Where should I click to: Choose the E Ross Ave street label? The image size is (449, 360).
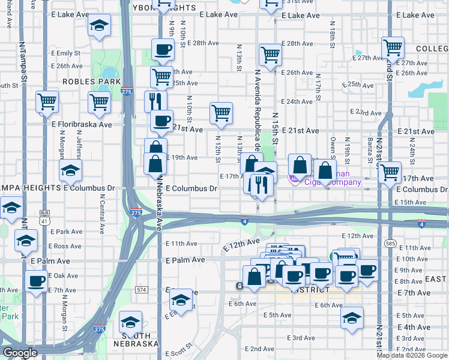point(65,246)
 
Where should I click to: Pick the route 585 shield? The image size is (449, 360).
point(391,244)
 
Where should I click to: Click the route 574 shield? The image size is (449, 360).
point(142,290)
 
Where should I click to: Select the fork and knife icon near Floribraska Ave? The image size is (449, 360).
point(155,100)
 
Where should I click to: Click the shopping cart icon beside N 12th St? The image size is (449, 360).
point(221,113)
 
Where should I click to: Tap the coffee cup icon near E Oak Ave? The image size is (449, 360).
point(37,280)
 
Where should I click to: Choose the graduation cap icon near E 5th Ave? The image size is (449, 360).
point(352,317)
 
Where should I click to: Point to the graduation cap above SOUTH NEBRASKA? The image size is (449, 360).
point(130,322)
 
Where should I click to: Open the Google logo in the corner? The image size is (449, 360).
point(20,353)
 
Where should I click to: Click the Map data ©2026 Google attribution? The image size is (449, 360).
point(412,355)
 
